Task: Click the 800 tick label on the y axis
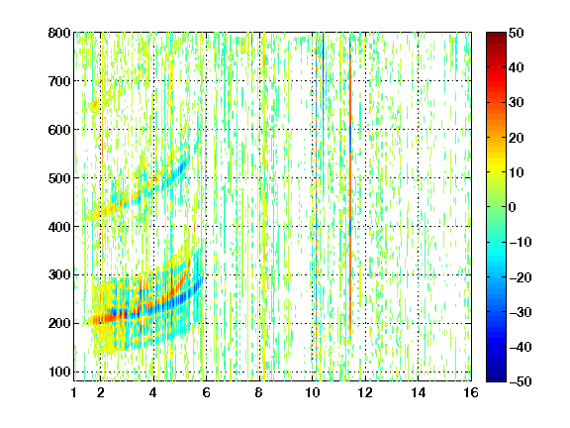click(x=59, y=33)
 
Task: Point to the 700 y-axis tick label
click(x=59, y=81)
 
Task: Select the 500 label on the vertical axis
click(x=59, y=178)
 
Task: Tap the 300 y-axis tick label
click(x=59, y=275)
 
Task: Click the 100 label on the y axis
click(x=59, y=372)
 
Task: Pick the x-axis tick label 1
click(x=74, y=392)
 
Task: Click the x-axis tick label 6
click(x=206, y=392)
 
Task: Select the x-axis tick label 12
click(x=365, y=392)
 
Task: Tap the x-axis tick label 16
click(x=471, y=392)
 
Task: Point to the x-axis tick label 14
click(x=418, y=392)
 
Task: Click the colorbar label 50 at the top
click(x=517, y=33)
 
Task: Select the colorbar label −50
click(x=521, y=381)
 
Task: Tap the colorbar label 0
click(x=513, y=207)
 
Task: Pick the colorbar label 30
click(x=517, y=103)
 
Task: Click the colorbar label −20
click(x=521, y=277)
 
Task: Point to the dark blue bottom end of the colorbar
click(x=496, y=378)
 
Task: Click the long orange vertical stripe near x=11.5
click(x=350, y=182)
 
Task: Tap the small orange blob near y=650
click(x=94, y=106)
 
